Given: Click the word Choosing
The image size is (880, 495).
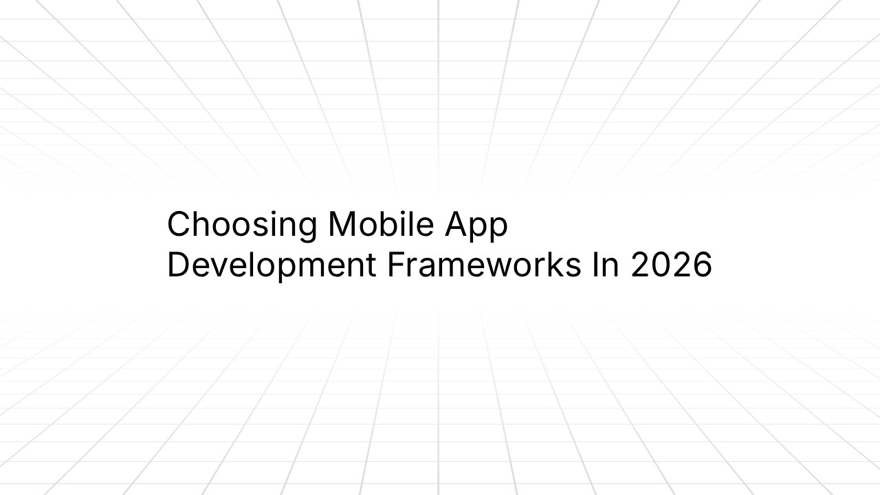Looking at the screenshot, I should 242,225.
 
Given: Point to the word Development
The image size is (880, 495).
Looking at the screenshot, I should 272,266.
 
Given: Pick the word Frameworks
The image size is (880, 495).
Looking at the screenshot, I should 483,265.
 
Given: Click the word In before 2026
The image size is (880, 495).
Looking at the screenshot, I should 605,265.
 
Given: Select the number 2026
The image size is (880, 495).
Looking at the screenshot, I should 671,265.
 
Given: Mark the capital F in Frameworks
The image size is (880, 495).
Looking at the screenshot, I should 395,265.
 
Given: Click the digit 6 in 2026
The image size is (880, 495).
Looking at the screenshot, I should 701,265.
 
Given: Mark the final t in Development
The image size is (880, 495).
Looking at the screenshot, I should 371,266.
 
